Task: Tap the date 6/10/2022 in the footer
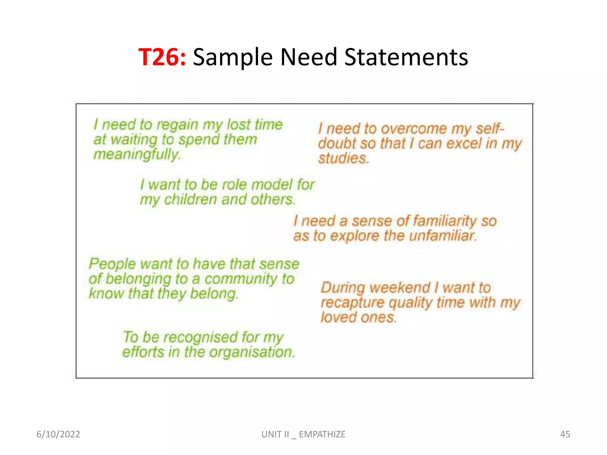(58, 434)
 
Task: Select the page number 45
(565, 434)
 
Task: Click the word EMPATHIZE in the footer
(322, 434)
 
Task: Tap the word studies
(343, 158)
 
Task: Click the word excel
(464, 144)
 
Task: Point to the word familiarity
(445, 221)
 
